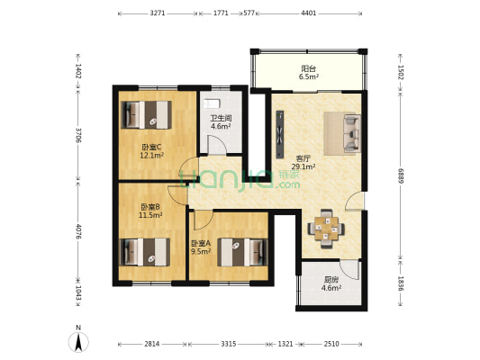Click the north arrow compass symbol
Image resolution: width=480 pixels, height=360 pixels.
[x=78, y=342]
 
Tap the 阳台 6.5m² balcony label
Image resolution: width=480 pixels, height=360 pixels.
[x=309, y=73]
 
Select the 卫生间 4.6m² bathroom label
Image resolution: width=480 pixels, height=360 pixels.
[x=221, y=122]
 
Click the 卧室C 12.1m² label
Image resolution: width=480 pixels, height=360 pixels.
[x=151, y=151]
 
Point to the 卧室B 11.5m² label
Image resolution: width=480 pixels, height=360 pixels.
[x=150, y=211]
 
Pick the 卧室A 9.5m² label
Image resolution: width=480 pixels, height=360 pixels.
[x=201, y=247]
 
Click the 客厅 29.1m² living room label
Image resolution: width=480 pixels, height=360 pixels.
[x=303, y=162]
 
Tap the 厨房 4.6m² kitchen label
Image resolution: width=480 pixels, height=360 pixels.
[x=331, y=283]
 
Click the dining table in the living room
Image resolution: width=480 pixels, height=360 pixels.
[x=326, y=229]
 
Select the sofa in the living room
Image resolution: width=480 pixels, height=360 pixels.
[x=352, y=133]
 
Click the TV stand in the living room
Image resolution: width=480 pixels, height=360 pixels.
[x=280, y=135]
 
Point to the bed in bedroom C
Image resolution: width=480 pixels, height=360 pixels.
[x=146, y=114]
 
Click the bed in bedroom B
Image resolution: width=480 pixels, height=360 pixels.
[x=144, y=252]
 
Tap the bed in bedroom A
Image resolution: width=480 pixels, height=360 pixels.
[x=243, y=252]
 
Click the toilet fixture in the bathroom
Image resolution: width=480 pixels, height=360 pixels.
[x=212, y=103]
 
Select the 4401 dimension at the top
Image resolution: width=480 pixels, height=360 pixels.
[x=309, y=13]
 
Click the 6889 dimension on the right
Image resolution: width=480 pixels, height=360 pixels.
[x=401, y=175]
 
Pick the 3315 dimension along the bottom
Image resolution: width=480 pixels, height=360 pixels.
[x=229, y=344]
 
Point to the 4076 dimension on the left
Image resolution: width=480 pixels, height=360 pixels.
[x=78, y=232]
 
